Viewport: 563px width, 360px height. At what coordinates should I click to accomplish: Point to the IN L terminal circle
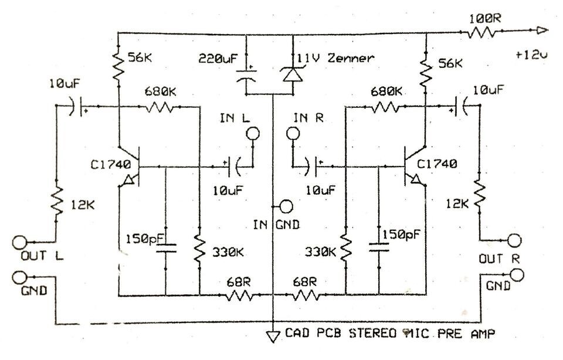[252, 134]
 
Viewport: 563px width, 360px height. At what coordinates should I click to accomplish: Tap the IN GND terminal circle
[286, 206]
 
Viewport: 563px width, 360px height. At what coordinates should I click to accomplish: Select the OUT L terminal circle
[19, 242]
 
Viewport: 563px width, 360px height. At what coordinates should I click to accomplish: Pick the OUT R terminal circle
[515, 240]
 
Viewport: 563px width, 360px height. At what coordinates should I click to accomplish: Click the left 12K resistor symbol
[57, 202]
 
